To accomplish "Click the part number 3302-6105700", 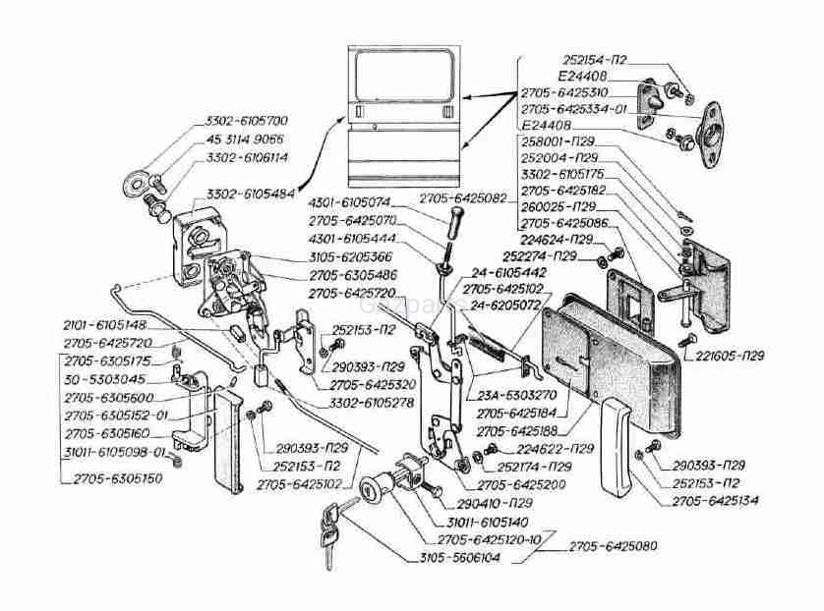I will click(x=246, y=121).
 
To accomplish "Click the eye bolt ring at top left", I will click(x=134, y=184).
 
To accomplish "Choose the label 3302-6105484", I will click(x=254, y=194).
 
